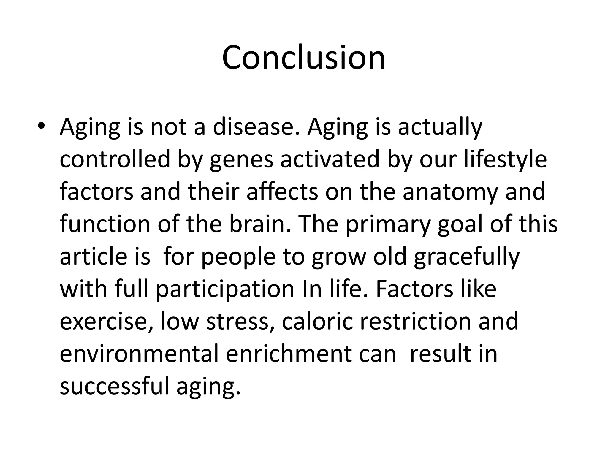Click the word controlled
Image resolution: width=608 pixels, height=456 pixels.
115,159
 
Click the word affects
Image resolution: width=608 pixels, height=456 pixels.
282,192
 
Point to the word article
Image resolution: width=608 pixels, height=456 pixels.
90,256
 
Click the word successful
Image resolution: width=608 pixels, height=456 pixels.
114,386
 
